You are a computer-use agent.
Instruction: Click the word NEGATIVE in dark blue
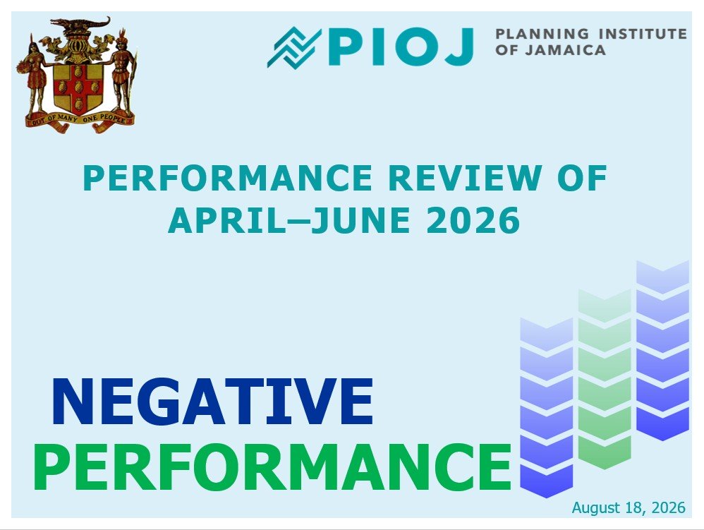click(212, 402)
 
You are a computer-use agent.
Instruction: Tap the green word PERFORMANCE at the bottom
click(272, 467)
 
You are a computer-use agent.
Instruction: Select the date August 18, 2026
click(629, 507)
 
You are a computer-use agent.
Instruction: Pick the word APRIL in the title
click(227, 220)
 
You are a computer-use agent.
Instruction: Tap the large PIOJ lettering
click(401, 47)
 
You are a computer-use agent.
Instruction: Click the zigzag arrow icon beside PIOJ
click(294, 47)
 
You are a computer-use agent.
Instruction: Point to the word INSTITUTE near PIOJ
click(643, 34)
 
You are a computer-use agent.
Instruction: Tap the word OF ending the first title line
click(583, 178)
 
